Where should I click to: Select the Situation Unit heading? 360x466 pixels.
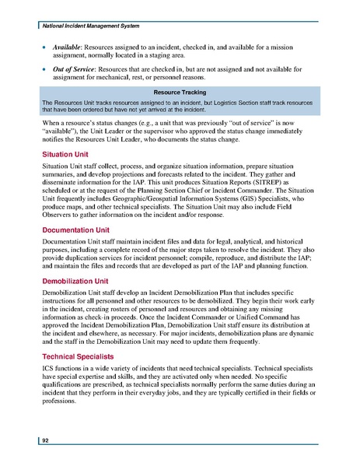point(65,155)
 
